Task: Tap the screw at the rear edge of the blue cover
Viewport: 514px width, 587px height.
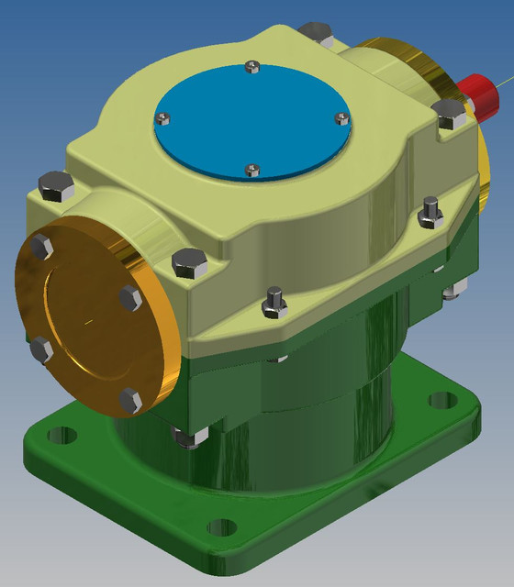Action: coord(253,65)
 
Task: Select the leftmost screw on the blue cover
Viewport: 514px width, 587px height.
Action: coord(164,117)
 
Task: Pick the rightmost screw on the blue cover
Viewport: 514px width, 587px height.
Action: coord(341,117)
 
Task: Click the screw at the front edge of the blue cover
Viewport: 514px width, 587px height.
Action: coord(254,169)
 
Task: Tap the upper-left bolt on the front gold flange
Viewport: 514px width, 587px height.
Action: coord(39,246)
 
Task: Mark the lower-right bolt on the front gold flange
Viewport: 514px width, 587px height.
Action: coord(129,400)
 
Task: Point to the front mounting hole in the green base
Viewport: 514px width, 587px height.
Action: coord(221,527)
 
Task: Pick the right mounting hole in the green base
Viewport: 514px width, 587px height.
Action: coord(442,401)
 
